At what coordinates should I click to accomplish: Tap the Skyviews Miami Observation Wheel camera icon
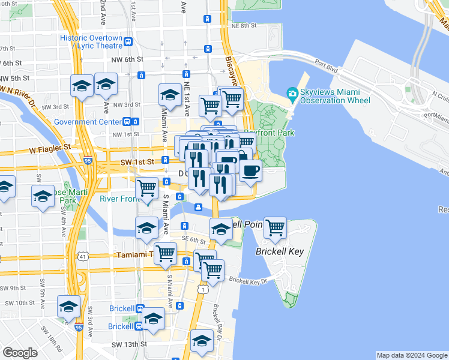pyautogui.click(x=292, y=93)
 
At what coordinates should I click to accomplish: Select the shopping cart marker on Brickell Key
pyautogui.click(x=275, y=228)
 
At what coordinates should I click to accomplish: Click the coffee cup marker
pyautogui.click(x=250, y=170)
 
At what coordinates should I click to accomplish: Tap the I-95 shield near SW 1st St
pyautogui.click(x=88, y=161)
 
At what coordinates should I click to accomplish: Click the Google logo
pyautogui.click(x=20, y=353)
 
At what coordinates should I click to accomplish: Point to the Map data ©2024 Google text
pyautogui.click(x=412, y=355)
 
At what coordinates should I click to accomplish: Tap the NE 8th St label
pyautogui.click(x=244, y=26)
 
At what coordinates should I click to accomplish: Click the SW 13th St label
pyautogui.click(x=129, y=344)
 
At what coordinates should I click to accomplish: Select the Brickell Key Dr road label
pyautogui.click(x=247, y=281)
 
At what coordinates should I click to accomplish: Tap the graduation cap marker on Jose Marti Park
pyautogui.click(x=43, y=197)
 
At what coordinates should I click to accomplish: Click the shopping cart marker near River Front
pyautogui.click(x=147, y=188)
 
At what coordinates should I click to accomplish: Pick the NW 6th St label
pyautogui.click(x=131, y=59)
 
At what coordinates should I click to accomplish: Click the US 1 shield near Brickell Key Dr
pyautogui.click(x=205, y=290)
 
